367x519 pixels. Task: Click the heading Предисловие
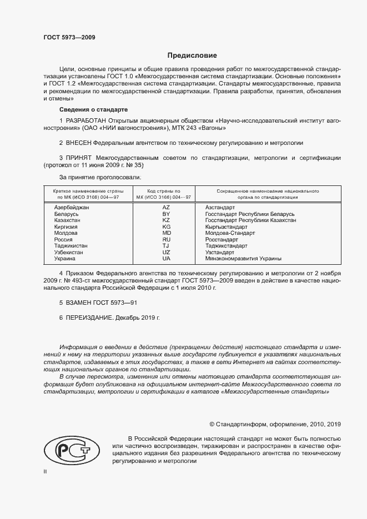pos(193,56)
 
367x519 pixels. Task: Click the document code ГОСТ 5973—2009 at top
pos(69,37)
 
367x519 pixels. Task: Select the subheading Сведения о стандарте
pos(94,109)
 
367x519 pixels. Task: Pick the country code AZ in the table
pos(165,207)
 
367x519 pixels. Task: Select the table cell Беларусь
pos(67,214)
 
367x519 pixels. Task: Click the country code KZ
pos(165,220)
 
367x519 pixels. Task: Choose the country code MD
pos(165,233)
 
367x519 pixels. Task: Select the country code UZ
pos(165,252)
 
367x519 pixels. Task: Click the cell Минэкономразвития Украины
pos(243,259)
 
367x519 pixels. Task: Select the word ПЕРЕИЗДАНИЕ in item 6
pos(89,319)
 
